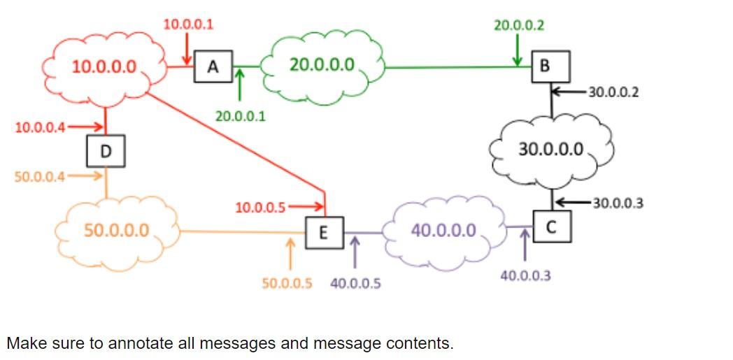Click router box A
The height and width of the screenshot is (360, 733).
point(213,67)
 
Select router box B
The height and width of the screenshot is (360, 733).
point(545,66)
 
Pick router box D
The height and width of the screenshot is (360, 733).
point(106,151)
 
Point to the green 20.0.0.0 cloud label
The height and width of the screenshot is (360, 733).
point(322,65)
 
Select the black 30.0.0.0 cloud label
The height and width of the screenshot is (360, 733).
point(550,148)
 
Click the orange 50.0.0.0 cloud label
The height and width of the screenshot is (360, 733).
point(116,230)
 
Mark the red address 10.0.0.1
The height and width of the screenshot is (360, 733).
point(188,24)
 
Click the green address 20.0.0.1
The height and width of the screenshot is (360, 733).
point(240,116)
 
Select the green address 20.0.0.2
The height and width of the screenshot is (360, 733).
point(519,26)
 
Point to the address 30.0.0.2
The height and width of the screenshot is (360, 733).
point(613,92)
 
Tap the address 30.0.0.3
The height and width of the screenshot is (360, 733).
point(618,203)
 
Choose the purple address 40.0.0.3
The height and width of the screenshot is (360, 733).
point(525,276)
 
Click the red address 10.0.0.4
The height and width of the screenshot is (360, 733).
point(40,127)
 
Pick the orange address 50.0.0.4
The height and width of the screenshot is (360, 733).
point(40,176)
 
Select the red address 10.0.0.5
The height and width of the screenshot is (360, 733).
point(260,207)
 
